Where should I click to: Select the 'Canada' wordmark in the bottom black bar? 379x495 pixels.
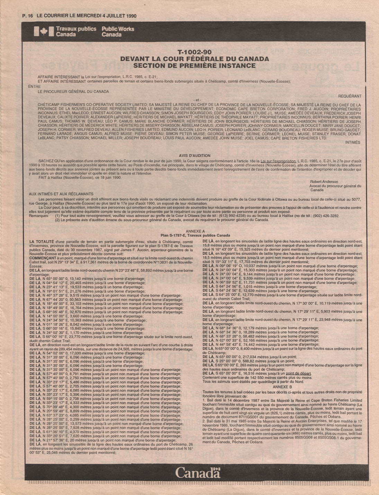198,472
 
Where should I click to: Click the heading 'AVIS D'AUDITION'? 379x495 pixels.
195,156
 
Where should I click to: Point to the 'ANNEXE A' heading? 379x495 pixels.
195,231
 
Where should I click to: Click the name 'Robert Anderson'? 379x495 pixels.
324,182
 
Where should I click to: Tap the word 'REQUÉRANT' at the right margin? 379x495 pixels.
350,96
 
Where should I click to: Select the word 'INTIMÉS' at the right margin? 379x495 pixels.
353,142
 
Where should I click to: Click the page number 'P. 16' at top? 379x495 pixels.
27,16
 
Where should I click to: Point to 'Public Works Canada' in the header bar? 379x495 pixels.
118,32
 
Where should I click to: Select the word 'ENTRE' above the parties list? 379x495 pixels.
35,87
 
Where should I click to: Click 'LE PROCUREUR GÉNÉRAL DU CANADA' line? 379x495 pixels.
73,92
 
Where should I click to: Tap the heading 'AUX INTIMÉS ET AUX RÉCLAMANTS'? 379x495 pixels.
61,194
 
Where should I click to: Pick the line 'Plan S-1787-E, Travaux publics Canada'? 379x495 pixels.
195,235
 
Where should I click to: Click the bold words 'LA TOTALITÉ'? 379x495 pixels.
42,241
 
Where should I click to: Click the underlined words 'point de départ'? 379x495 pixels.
298,374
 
